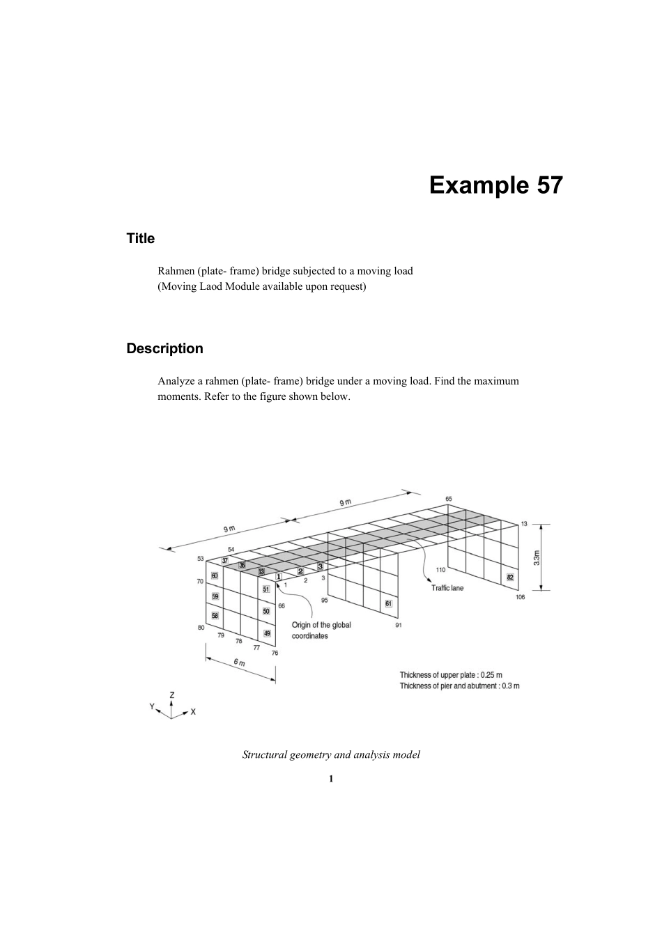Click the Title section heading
tap(140, 238)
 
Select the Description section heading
tap(164, 348)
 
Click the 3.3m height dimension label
tap(537, 558)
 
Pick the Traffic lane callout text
tap(447, 588)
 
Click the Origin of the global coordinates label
tap(321, 630)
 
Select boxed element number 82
tap(510, 577)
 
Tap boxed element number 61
tap(389, 603)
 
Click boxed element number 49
tap(267, 633)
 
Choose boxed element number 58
tap(215, 616)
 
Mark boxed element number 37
tap(224, 560)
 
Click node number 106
tap(520, 598)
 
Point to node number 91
tap(398, 625)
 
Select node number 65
tap(449, 499)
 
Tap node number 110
tap(440, 570)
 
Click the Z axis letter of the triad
tap(171, 695)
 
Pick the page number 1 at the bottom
tap(331, 778)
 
